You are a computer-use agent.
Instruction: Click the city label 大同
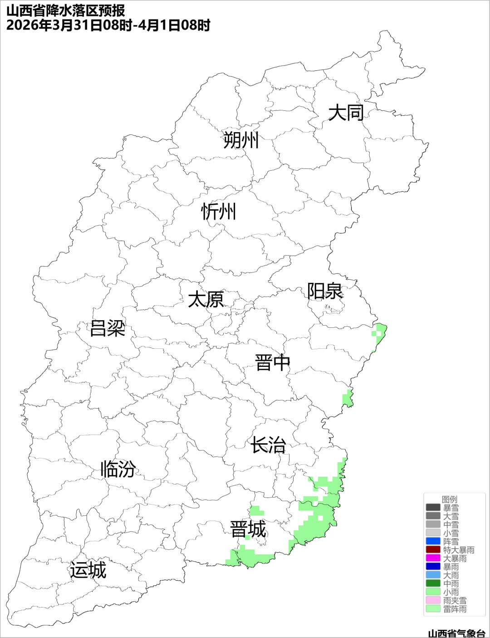[x=346, y=113]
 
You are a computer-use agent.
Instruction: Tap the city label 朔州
[x=241, y=140]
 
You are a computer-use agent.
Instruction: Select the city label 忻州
[x=219, y=212]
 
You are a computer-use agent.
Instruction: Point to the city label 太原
[x=206, y=300]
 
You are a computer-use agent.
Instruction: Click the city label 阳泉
[x=325, y=291]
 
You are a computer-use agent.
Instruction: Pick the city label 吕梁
[x=108, y=328]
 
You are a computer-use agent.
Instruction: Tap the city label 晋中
[x=272, y=363]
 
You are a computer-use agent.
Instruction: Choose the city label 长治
[x=268, y=445]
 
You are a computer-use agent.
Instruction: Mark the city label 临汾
[x=118, y=469]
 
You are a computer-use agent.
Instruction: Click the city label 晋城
[x=248, y=529]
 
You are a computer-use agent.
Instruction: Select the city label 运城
[x=88, y=570]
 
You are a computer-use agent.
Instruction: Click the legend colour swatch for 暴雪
[x=433, y=508]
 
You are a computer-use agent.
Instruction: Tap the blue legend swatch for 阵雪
[x=433, y=541]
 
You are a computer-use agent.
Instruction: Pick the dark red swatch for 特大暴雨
[x=433, y=550]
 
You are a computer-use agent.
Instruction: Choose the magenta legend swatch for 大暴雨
[x=433, y=558]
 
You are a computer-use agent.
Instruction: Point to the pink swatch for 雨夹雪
[x=433, y=600]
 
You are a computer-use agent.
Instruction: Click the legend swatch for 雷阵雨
[x=433, y=608]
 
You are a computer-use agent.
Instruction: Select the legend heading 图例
[x=450, y=500]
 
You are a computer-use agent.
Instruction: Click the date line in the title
[x=108, y=25]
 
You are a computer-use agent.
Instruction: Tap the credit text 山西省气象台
[x=456, y=633]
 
